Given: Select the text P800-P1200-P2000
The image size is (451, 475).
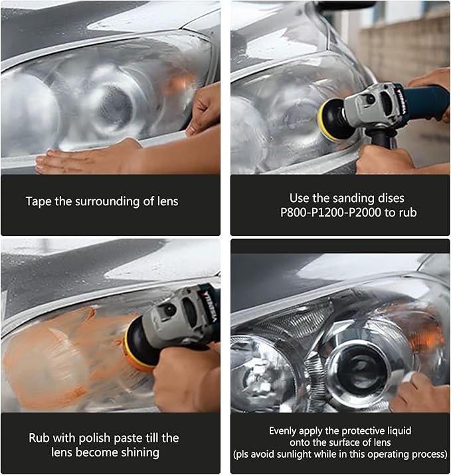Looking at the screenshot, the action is click(331, 213).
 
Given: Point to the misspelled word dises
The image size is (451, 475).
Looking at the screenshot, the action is click(391, 198).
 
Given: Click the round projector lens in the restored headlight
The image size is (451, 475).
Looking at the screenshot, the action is click(357, 366).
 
